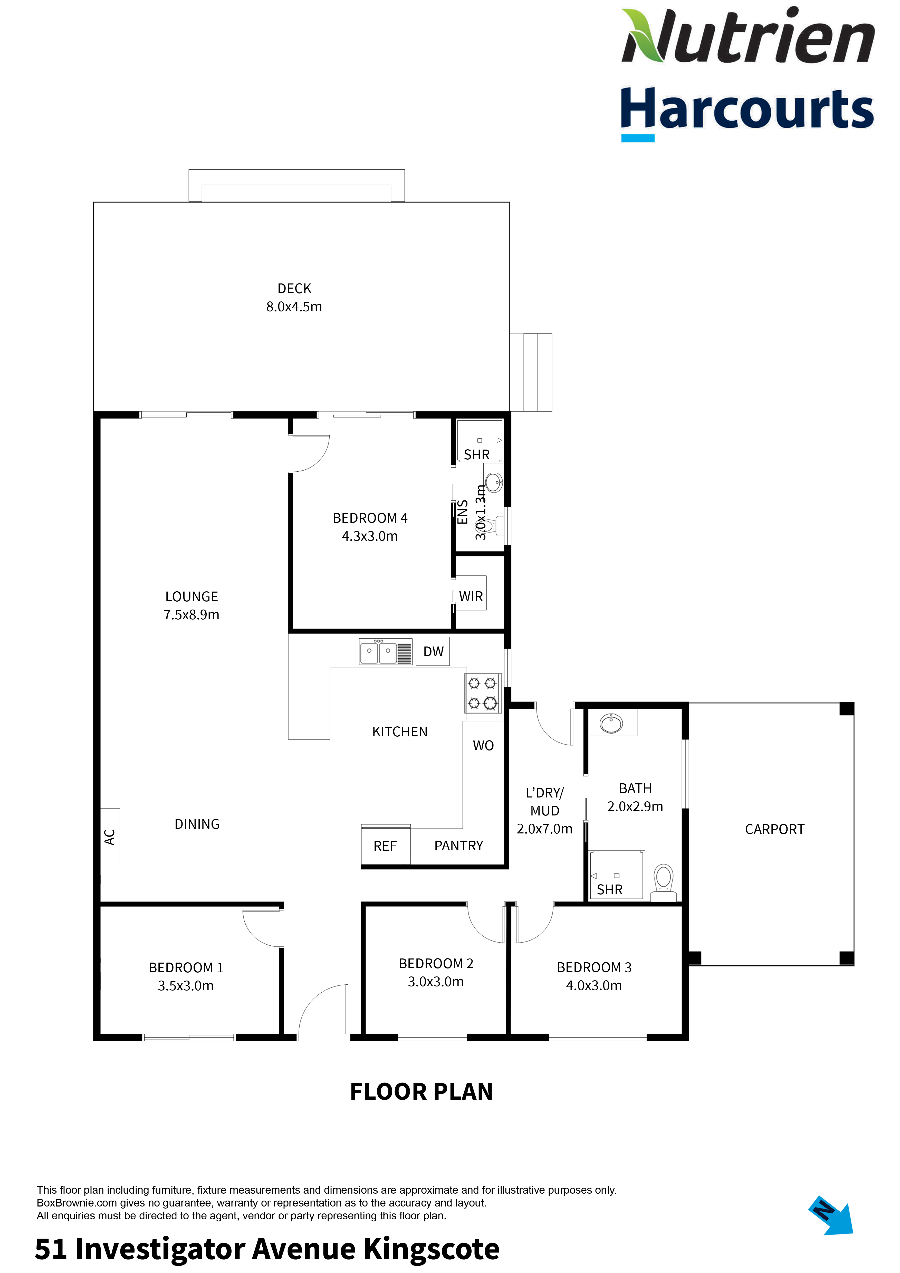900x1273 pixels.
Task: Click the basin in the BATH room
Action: [611, 723]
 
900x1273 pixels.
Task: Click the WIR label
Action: [471, 597]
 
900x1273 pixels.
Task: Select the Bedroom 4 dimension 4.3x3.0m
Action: [370, 536]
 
